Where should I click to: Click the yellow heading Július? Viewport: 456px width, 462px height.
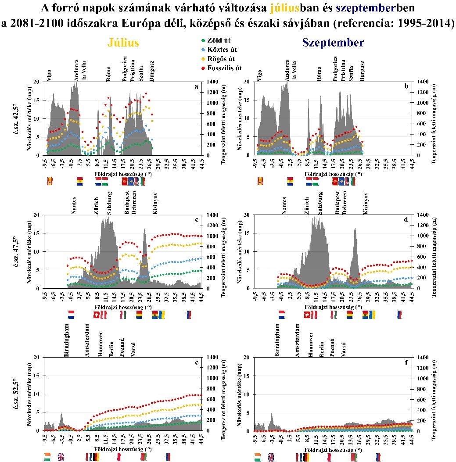pos(123,43)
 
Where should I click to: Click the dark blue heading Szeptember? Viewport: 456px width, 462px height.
pos(333,43)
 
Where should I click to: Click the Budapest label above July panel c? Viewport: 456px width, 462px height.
pos(126,204)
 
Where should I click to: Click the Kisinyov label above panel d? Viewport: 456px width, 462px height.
pos(366,203)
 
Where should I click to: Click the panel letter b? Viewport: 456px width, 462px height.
pos(406,86)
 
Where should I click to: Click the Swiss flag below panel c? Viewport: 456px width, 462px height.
pos(97,315)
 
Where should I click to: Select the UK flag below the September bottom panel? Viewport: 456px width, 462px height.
pos(271,457)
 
